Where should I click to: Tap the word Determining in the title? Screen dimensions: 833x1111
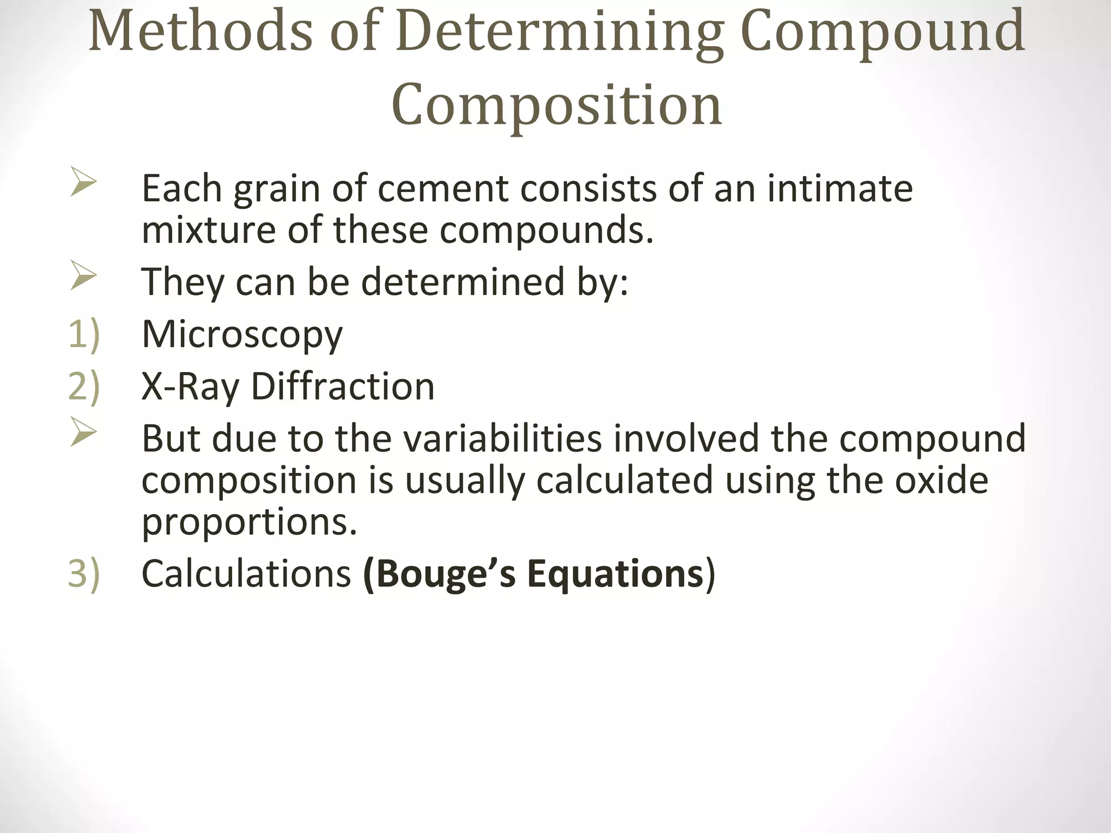[559, 34]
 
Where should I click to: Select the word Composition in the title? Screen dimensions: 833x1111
[556, 105]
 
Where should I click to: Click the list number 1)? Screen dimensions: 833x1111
[84, 334]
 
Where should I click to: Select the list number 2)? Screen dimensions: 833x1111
[84, 386]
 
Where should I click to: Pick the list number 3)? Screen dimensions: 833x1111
[84, 573]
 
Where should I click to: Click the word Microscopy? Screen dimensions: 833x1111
[242, 335]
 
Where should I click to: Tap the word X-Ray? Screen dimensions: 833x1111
[190, 387]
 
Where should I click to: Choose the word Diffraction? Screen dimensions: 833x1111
[343, 386]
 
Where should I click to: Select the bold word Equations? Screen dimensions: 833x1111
[615, 574]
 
